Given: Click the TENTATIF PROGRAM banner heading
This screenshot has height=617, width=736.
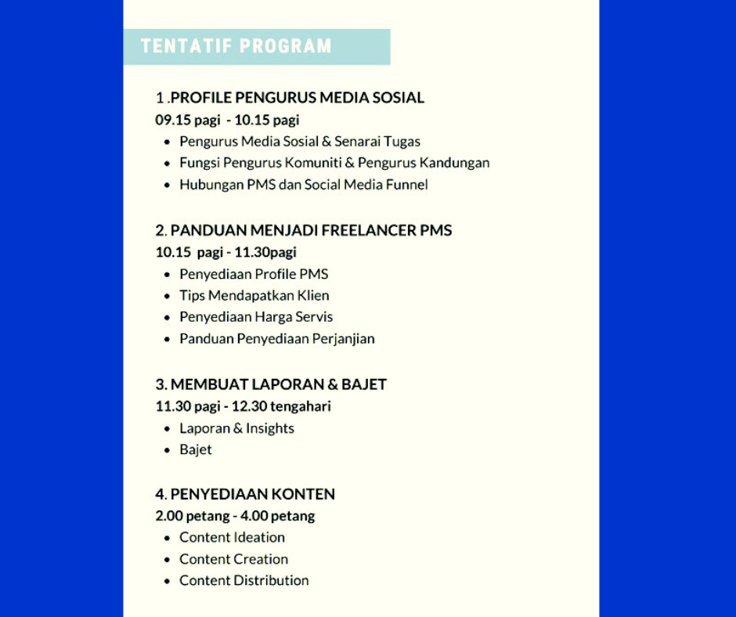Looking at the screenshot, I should [x=236, y=46].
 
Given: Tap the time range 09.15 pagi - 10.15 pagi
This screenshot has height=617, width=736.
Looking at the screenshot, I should [x=227, y=121].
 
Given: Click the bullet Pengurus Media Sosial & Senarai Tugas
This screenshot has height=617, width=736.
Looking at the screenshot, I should [x=300, y=142].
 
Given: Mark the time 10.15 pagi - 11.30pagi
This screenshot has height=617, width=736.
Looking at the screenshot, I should [x=225, y=252].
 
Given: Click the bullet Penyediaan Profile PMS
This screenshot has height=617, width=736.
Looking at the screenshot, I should [x=254, y=274].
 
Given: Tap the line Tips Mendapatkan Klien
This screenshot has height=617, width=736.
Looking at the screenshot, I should [x=254, y=295].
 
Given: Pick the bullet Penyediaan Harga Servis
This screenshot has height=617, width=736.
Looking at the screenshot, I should [x=256, y=317].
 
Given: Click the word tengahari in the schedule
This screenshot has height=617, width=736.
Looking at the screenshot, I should [x=301, y=406].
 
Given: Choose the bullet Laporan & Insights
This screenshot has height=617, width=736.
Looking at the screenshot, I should [x=236, y=428].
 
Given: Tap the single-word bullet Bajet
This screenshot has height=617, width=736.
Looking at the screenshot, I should [x=196, y=449].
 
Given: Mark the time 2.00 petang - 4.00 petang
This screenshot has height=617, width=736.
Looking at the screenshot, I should [x=235, y=516].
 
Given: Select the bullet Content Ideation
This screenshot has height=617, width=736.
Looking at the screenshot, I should [x=232, y=537].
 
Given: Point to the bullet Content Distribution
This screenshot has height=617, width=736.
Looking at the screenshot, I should [x=244, y=580].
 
